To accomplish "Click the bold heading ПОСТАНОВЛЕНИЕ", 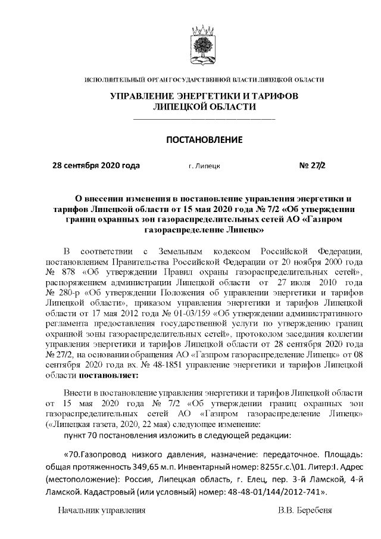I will [x=204, y=140].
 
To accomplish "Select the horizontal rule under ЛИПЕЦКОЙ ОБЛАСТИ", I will [x=204, y=120].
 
